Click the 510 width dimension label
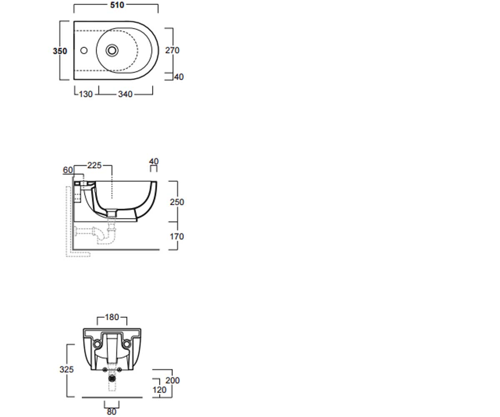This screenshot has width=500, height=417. pyautogui.click(x=117, y=5)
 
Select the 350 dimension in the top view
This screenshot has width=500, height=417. pyautogui.click(x=60, y=51)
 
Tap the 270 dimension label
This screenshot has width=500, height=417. pyautogui.click(x=172, y=50)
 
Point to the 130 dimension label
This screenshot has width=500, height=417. pyautogui.click(x=86, y=94)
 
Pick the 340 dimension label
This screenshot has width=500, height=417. pyautogui.click(x=125, y=94)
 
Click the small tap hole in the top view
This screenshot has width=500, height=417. pyautogui.click(x=84, y=50)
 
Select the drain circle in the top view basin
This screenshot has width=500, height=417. pyautogui.click(x=112, y=50)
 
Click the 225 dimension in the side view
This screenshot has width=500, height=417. pyautogui.click(x=94, y=166)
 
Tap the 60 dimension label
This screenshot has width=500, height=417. pyautogui.click(x=68, y=170)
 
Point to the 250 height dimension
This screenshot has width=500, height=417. pyautogui.click(x=177, y=202)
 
